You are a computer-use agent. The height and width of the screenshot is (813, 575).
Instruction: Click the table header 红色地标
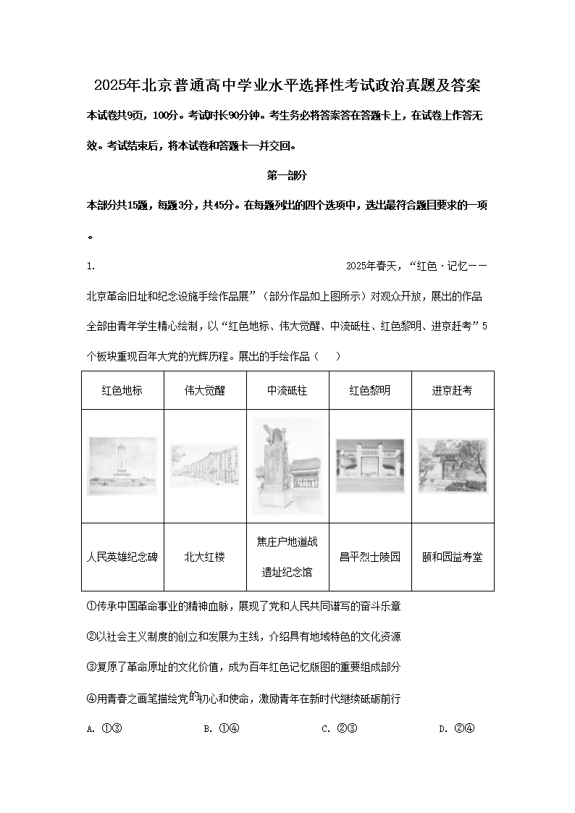coord(122,390)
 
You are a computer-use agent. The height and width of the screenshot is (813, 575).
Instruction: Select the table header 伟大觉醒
coord(205,390)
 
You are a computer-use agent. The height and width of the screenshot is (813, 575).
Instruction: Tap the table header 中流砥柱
coord(287,390)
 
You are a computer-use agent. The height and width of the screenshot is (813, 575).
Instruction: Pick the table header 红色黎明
coord(370,390)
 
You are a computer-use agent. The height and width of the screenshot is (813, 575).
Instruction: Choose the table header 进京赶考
coord(453,390)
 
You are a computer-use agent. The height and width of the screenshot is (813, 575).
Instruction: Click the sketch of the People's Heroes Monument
coord(122,466)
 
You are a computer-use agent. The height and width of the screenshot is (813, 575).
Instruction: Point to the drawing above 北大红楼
coord(205,466)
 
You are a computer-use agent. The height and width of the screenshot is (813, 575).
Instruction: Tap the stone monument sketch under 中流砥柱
coord(287,466)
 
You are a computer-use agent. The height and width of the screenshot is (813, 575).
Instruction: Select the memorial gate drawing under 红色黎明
coord(370,466)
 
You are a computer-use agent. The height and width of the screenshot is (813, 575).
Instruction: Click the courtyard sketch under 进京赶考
coord(453,466)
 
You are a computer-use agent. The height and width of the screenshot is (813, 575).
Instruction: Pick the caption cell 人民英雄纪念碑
coord(122,557)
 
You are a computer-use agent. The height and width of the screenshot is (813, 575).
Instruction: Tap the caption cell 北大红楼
coord(205,557)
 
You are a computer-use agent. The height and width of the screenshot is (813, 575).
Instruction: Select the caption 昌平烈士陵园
coord(370,557)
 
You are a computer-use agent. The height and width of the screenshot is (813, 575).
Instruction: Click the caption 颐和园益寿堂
coord(453,557)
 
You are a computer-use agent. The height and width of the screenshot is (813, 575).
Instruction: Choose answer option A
coord(104,728)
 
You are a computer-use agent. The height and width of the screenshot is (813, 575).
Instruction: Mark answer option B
coord(222,728)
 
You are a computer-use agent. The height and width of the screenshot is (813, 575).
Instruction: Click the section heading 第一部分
coord(287,175)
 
